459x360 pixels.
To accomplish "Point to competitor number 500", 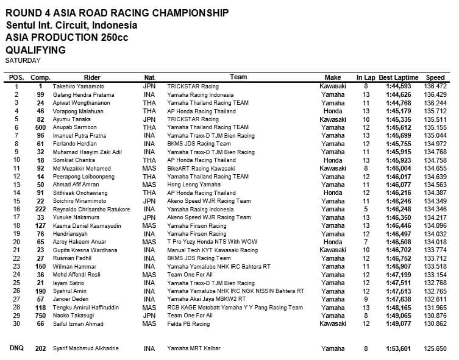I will click(40, 127).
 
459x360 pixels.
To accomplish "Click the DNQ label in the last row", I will click(16, 348).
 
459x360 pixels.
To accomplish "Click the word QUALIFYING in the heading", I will click(35, 50).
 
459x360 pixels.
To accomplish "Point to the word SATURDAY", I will click(23, 60).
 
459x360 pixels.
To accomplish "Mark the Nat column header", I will click(149, 77).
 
